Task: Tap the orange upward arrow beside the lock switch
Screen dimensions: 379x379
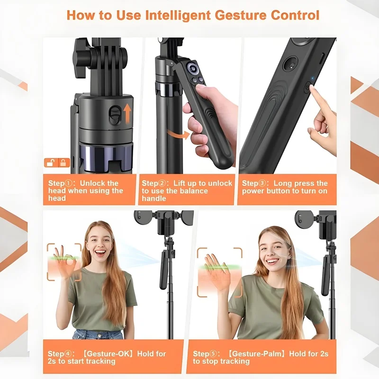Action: (x=127, y=113)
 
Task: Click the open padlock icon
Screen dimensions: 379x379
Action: (x=51, y=162)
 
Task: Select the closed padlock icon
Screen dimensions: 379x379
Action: (x=63, y=162)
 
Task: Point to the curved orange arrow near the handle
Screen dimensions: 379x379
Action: (x=178, y=134)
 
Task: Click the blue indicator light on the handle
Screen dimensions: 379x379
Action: (x=313, y=79)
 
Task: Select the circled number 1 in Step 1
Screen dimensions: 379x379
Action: (x=68, y=183)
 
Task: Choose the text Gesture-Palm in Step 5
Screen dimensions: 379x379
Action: (x=258, y=353)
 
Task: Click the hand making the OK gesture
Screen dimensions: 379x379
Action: (x=65, y=263)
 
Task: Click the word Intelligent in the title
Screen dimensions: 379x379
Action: (x=178, y=15)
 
